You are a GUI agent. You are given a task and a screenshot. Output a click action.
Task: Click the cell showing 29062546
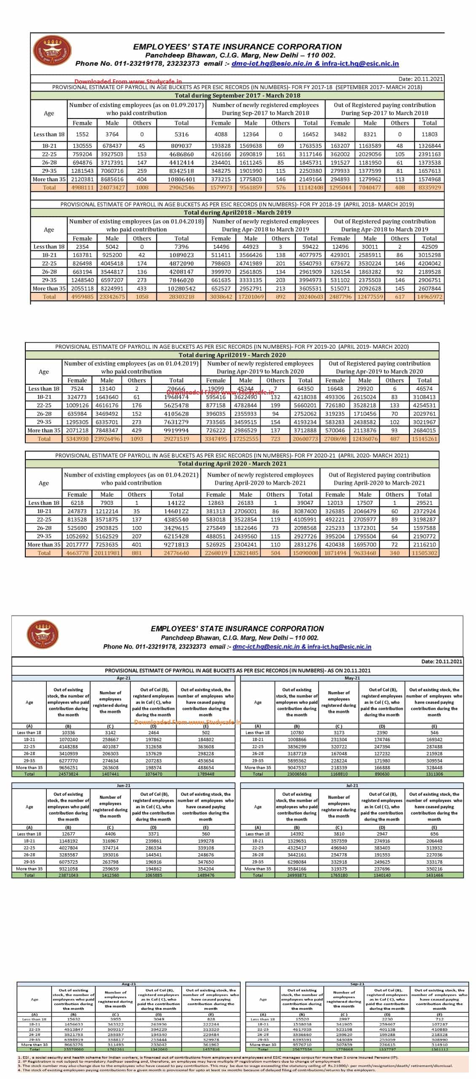click(x=181, y=188)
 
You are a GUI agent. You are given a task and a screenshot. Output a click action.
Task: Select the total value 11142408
click(x=310, y=188)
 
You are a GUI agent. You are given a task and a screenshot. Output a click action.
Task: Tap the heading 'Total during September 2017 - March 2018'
click(x=237, y=96)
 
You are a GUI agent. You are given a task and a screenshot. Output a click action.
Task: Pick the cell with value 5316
click(x=181, y=134)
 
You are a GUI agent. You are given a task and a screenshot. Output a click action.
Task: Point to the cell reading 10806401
click(x=181, y=179)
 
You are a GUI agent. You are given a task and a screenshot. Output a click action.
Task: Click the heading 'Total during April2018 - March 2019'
click(x=237, y=212)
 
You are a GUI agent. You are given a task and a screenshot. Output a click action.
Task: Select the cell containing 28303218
click(x=181, y=297)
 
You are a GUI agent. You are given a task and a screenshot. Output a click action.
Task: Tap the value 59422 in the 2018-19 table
click(x=310, y=247)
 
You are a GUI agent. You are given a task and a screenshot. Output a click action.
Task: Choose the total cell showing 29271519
click(x=176, y=439)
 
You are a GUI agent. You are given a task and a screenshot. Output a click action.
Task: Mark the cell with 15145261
click(x=424, y=439)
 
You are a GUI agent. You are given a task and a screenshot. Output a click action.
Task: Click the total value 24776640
click(x=176, y=553)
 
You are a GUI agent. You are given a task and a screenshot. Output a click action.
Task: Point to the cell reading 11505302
click(x=424, y=553)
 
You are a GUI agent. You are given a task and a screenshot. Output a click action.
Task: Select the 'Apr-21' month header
click(x=124, y=678)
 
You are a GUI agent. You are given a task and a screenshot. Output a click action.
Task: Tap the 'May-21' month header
click(x=352, y=678)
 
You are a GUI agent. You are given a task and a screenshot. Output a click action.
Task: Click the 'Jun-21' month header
click(x=124, y=786)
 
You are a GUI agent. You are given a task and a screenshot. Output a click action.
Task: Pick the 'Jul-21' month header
click(x=352, y=786)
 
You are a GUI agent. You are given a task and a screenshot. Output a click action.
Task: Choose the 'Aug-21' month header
click(x=129, y=984)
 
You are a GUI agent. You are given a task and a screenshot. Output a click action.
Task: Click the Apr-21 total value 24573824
click(x=68, y=774)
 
